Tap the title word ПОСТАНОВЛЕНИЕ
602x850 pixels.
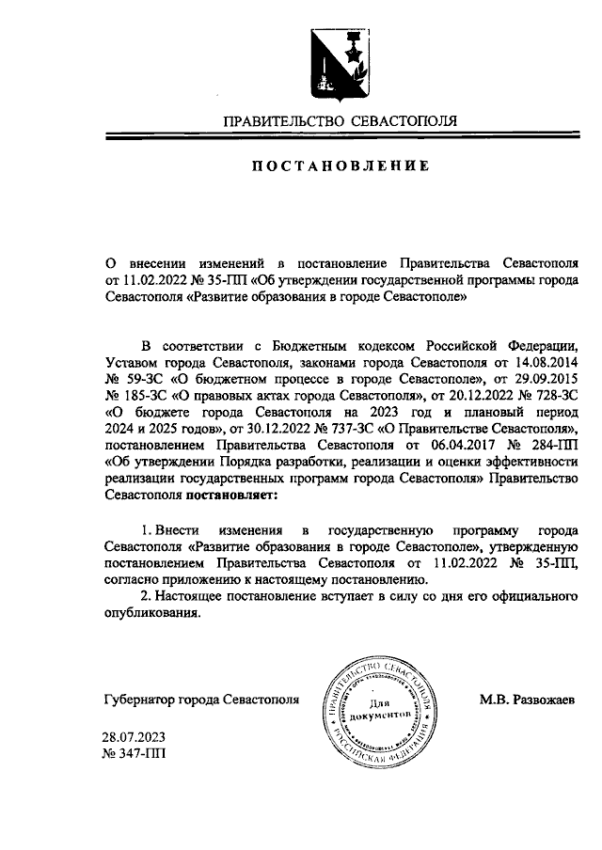[x=340, y=166]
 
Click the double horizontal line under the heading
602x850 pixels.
[x=340, y=138]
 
